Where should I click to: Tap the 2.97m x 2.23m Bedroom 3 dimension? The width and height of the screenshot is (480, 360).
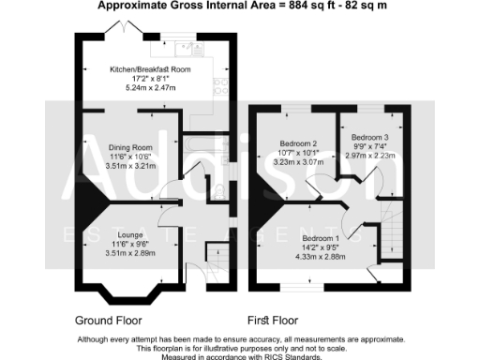point(368,157)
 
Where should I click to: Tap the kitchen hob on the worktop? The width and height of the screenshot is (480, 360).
point(221,85)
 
